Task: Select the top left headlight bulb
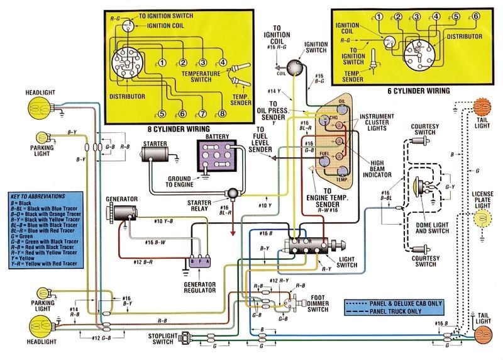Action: coord(33,109)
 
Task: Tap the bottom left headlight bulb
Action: coord(33,325)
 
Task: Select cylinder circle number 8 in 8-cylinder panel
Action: coord(221,114)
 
